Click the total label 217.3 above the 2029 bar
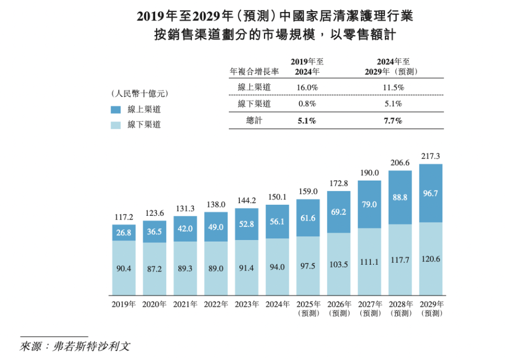point(431,156)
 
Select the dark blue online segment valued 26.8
point(124,233)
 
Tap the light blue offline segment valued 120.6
point(431,259)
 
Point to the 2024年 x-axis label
point(277,304)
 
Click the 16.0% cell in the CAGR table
point(307,87)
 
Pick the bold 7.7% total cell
point(393,121)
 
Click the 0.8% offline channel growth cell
point(307,104)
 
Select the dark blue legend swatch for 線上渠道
point(116,109)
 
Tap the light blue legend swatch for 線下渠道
point(116,125)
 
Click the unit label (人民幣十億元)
point(139,94)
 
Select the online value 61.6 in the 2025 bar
point(308,218)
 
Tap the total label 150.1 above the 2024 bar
point(277,197)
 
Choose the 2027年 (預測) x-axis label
point(369,308)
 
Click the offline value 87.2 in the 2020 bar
point(154,268)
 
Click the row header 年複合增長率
point(254,71)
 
